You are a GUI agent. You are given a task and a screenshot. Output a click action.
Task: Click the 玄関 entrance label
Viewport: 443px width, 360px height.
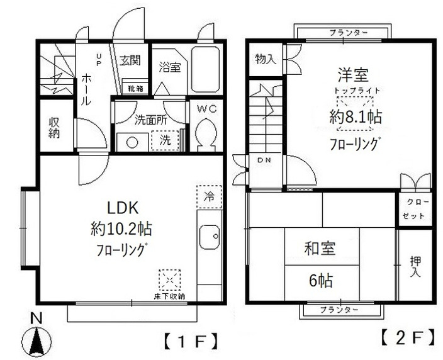coord(130,62)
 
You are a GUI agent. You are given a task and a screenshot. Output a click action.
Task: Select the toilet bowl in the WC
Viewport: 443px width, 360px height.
coord(206,133)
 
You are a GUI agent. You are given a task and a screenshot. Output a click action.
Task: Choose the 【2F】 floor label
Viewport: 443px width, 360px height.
coord(408,336)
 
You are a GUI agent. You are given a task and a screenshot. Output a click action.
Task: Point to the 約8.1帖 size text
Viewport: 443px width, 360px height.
coord(357,117)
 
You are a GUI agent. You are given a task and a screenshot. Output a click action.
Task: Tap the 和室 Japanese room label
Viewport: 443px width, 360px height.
coord(321,248)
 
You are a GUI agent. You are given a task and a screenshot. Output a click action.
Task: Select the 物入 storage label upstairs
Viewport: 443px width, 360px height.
coord(265,59)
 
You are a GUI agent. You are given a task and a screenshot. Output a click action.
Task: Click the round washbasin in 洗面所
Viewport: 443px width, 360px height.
coord(132,142)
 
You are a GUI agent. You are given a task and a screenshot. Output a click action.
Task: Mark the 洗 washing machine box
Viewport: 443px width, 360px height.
coord(165,140)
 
